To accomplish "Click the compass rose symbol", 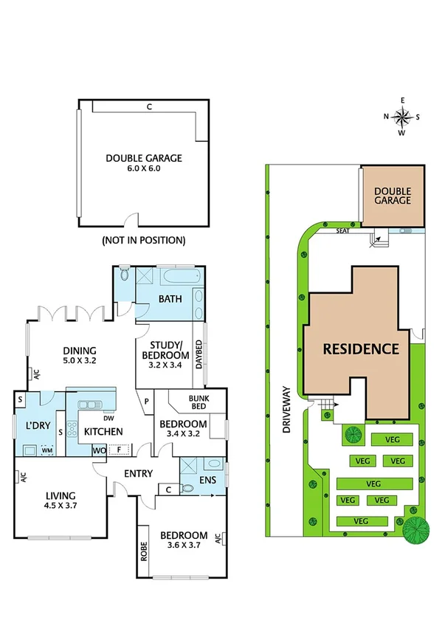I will (x=403, y=117).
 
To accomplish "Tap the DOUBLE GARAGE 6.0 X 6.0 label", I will (x=143, y=162).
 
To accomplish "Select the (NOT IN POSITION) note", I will (x=143, y=241).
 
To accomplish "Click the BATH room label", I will (x=170, y=300).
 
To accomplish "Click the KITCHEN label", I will (x=103, y=432).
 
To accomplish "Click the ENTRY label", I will (x=138, y=474).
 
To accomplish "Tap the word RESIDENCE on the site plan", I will (x=360, y=349).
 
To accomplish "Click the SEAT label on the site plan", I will (x=342, y=230).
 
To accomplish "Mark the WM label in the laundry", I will (x=46, y=450).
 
